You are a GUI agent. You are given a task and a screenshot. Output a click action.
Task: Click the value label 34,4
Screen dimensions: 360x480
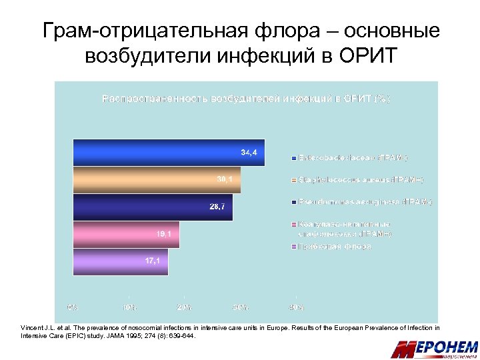pos(249,153)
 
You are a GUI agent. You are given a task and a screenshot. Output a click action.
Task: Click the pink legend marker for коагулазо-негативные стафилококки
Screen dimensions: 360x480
pos(294,225)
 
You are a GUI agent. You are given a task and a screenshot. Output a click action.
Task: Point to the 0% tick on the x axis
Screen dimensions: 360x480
pos(73,307)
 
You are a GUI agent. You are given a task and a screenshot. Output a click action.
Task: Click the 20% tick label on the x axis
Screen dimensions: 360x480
pos(185,307)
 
